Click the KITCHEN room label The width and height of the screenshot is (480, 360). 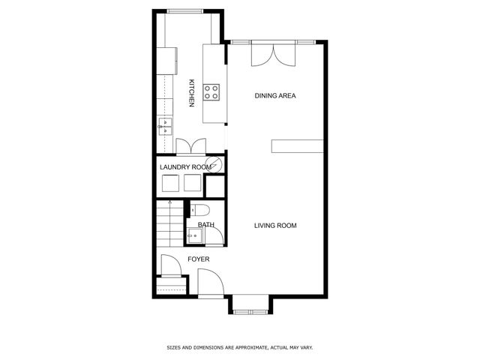192,93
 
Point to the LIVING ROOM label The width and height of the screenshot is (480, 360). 275,225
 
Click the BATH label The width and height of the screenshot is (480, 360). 205,225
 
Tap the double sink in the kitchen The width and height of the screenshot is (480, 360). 166,125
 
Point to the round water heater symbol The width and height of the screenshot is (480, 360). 214,165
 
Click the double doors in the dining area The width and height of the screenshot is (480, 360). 272,54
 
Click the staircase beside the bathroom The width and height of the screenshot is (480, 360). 169,224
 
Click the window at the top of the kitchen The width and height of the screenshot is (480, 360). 187,11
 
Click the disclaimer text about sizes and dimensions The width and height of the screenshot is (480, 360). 239,348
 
